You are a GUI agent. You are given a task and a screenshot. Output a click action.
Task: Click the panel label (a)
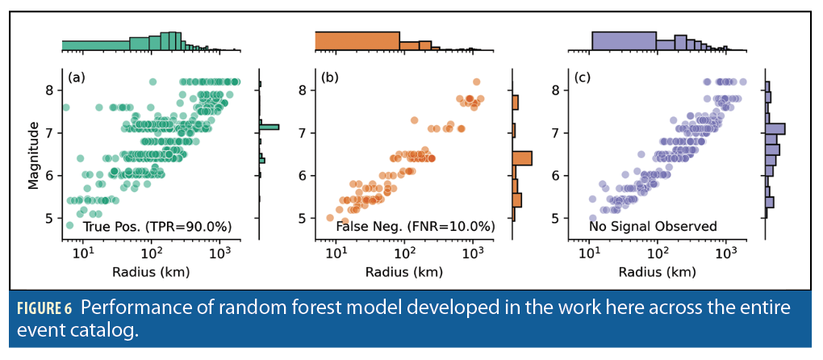(76, 77)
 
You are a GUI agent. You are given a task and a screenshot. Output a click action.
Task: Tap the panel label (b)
(329, 77)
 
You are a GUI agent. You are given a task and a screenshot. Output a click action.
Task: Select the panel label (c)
(583, 77)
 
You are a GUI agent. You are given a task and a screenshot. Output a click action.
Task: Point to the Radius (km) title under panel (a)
(151, 272)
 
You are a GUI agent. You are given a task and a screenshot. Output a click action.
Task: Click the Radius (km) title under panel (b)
(404, 272)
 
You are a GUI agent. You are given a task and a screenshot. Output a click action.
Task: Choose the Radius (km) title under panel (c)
(658, 272)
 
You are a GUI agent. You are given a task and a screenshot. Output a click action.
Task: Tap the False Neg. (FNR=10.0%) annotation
(405, 228)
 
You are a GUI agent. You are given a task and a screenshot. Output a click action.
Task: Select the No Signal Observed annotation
(653, 228)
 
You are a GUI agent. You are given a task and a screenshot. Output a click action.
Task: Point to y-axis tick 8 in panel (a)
(50, 90)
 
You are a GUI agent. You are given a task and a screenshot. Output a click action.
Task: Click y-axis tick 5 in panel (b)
(303, 218)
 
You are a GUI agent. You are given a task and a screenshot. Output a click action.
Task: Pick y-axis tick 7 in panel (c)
(557, 133)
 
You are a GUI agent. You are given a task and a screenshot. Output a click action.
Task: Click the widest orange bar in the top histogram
(357, 41)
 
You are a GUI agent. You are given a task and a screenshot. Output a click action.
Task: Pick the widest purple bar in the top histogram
(624, 41)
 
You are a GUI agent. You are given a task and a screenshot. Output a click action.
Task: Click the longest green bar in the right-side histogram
(269, 127)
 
